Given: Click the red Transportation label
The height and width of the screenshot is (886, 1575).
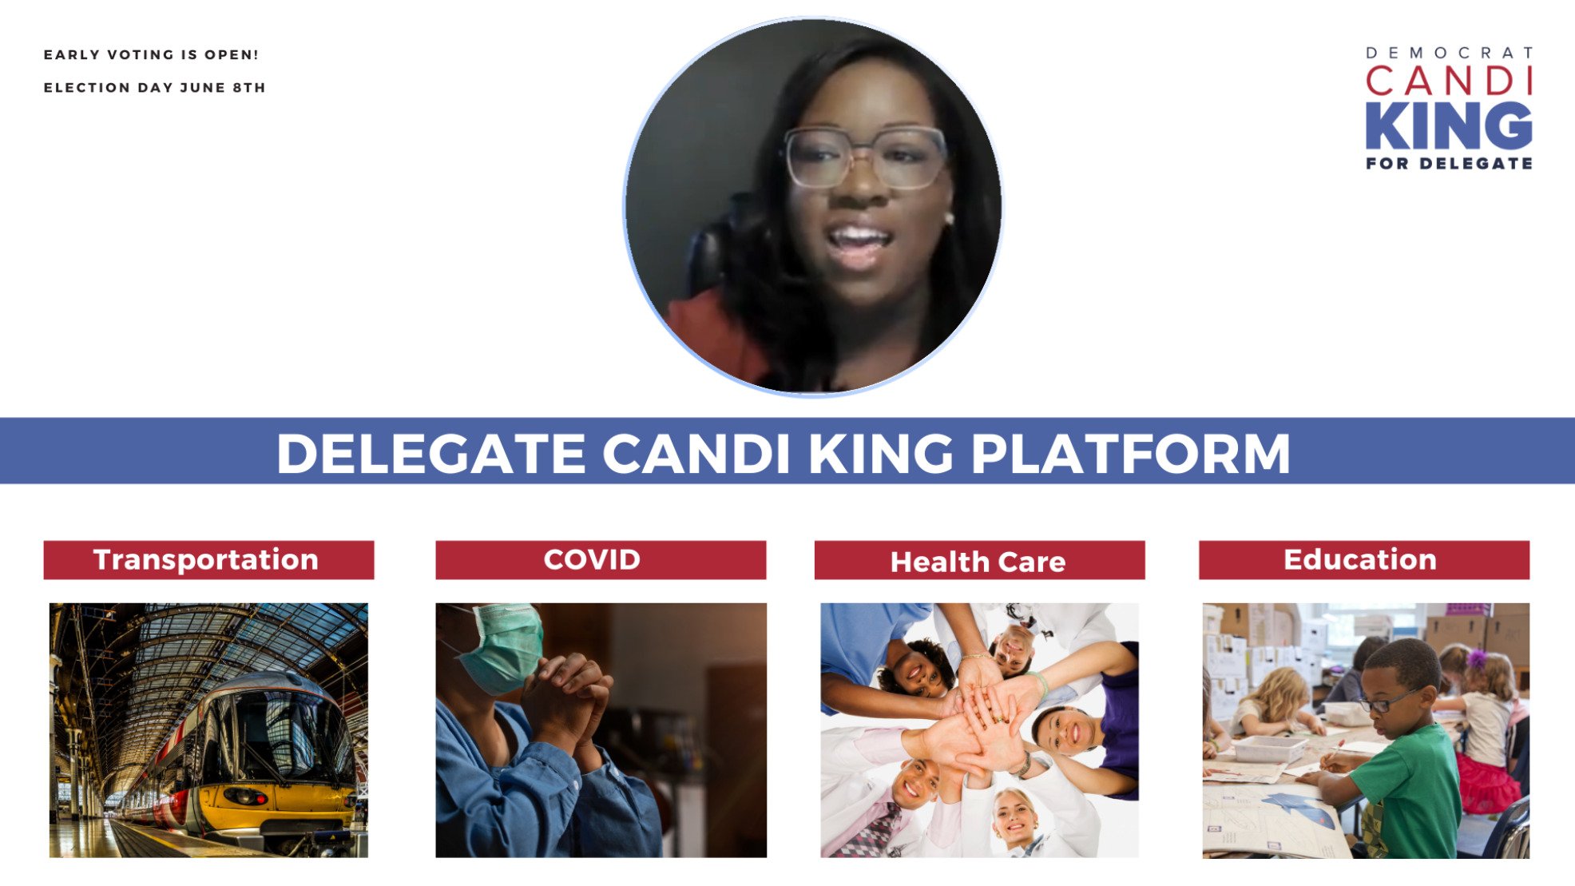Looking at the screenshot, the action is (208, 559).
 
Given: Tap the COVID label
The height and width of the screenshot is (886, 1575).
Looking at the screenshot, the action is (601, 559).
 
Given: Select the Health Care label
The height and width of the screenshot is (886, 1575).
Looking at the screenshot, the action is (979, 560).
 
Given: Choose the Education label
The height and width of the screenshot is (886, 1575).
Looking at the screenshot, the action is (1364, 559).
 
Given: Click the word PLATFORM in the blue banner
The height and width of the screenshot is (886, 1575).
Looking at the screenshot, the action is (1130, 454).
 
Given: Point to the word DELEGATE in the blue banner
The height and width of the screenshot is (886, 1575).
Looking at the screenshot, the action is (430, 454).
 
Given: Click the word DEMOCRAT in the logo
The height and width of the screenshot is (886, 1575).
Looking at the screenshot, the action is (1449, 53).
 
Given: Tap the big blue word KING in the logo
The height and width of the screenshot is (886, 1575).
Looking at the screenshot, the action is (1449, 126).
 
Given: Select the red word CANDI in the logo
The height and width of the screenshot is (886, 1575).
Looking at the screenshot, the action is (1449, 81).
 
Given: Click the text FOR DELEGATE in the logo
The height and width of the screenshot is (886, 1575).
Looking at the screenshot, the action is (1449, 163).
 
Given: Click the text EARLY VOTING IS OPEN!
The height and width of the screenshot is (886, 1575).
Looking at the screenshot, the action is (151, 54).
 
